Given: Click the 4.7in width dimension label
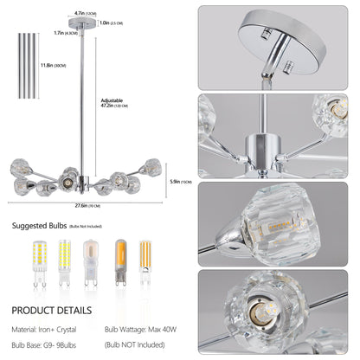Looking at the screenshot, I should coord(80,13).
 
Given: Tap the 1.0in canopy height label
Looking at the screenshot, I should coord(111,23).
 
